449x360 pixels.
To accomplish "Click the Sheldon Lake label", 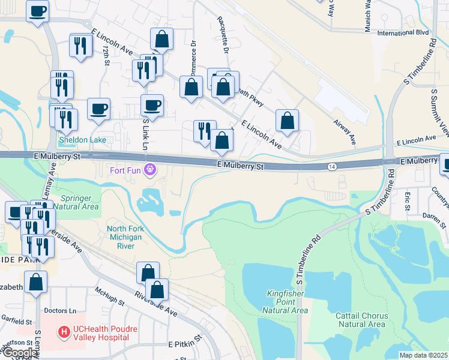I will pyautogui.click(x=82, y=140).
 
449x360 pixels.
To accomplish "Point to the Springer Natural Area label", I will pyautogui.click(x=79, y=202).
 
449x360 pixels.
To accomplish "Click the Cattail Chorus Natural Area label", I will pyautogui.click(x=363, y=320).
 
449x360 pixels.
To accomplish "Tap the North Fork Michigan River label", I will pyautogui.click(x=124, y=237).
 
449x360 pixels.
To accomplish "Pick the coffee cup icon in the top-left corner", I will pyautogui.click(x=37, y=11).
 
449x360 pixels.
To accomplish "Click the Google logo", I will pyautogui.click(x=19, y=353).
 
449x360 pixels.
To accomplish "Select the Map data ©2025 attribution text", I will pyautogui.click(x=423, y=355).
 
